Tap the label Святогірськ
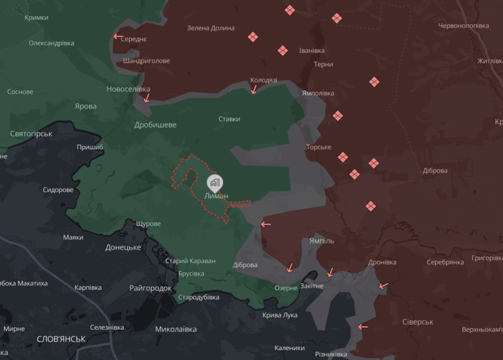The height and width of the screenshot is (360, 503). pyautogui.click(x=31, y=134)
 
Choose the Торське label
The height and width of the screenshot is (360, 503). pyautogui.click(x=318, y=147)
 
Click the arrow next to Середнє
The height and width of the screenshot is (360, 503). pyautogui.click(x=118, y=37)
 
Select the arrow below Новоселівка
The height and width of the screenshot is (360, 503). pyautogui.click(x=147, y=99)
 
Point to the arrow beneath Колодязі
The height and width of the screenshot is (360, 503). pyautogui.click(x=254, y=90)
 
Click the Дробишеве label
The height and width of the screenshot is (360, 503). pyautogui.click(x=155, y=125)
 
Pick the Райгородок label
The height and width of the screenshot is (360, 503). pyautogui.click(x=151, y=288)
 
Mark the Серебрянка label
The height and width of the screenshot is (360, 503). pyautogui.click(x=445, y=262)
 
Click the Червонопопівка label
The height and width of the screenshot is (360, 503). pyautogui.click(x=464, y=26)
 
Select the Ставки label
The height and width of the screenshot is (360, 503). pyautogui.click(x=229, y=119)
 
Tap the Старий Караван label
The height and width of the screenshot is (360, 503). pyautogui.click(x=191, y=261)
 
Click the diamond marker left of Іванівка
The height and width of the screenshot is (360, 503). pyautogui.click(x=282, y=50)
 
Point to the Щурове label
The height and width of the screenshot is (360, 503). pyautogui.click(x=148, y=224)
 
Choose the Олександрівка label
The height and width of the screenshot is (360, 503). pyautogui.click(x=51, y=43)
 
